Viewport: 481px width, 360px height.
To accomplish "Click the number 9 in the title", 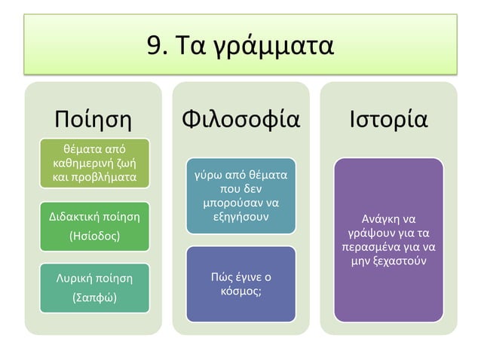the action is (155, 47).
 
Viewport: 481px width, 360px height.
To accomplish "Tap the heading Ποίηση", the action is (93, 120).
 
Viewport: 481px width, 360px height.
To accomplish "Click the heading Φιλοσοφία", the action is (241, 120).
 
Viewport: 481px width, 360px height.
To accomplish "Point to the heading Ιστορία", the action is (388, 120).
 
